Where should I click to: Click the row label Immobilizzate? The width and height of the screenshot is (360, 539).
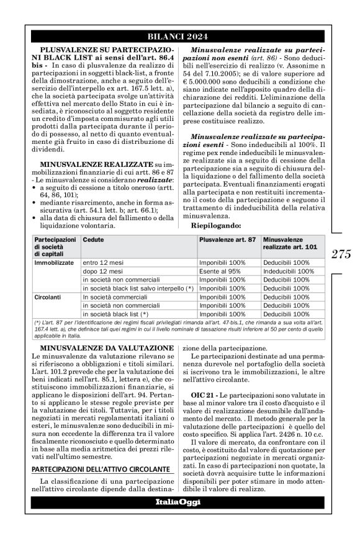click(x=53, y=262)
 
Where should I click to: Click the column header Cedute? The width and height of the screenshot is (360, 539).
click(x=94, y=239)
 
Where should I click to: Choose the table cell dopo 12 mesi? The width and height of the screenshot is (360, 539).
click(x=100, y=271)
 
